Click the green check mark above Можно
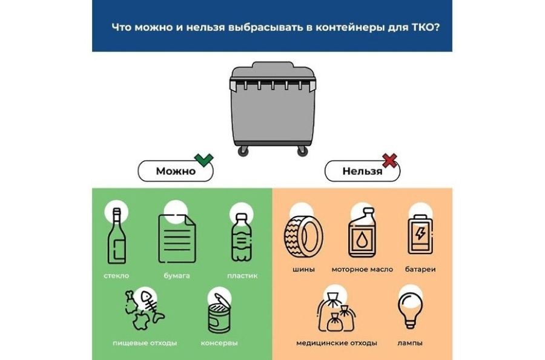point(204,160)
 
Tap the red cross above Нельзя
point(389,160)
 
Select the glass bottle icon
point(116,236)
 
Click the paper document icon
point(177,239)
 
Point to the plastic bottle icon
point(241,237)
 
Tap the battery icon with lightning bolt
point(421,234)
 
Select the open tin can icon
point(219,313)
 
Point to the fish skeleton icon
point(152,306)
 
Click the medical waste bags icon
point(336,312)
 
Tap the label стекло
point(116,276)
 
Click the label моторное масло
point(362,269)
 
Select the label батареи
point(420,269)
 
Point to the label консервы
point(219,343)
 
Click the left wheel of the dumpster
point(243,151)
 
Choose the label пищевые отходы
point(145,343)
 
